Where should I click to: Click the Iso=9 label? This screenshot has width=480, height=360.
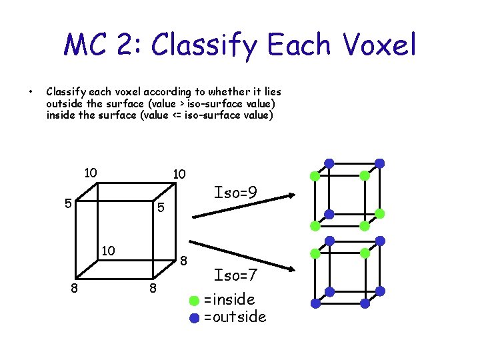tap(235, 193)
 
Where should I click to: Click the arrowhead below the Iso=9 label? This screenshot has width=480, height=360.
tap(291, 195)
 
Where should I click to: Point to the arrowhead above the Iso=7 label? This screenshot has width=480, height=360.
tap(291, 269)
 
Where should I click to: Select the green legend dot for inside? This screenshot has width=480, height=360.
tap(194, 299)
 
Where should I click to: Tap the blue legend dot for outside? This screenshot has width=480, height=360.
tap(194, 317)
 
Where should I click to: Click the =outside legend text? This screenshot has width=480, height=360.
tap(235, 317)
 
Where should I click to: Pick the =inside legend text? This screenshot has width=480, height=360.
tap(229, 299)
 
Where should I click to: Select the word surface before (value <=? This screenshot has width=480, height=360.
tap(109, 115)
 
